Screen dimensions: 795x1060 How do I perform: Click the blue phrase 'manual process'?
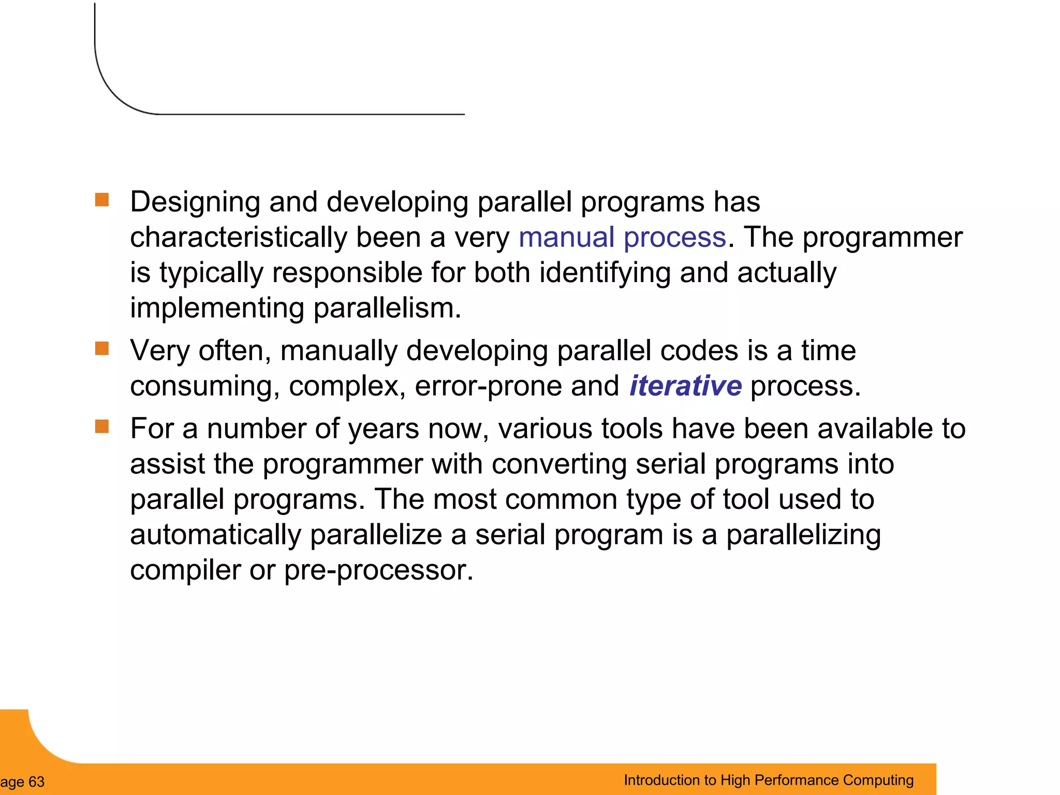pyautogui.click(x=622, y=238)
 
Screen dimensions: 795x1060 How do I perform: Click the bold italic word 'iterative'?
pyautogui.click(x=685, y=386)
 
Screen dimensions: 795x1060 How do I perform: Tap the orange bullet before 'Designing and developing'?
pyautogui.click(x=102, y=200)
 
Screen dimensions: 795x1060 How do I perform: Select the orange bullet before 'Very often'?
pyautogui.click(x=102, y=348)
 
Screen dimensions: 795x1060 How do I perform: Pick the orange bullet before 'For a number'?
pyautogui.click(x=102, y=426)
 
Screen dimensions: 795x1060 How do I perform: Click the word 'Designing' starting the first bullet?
pyautogui.click(x=195, y=202)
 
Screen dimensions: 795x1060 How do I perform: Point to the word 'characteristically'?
pyautogui.click(x=239, y=238)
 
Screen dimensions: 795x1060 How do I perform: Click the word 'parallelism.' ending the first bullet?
pyautogui.click(x=387, y=308)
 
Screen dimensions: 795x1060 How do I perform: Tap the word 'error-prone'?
pyautogui.click(x=488, y=386)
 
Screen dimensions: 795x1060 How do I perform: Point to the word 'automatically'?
pyautogui.click(x=215, y=535)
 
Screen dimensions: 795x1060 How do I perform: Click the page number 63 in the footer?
pyautogui.click(x=36, y=782)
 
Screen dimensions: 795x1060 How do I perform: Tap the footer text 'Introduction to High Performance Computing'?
pyautogui.click(x=768, y=780)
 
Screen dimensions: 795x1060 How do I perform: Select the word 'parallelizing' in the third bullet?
pyautogui.click(x=803, y=535)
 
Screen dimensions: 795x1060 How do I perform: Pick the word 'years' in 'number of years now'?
pyautogui.click(x=383, y=429)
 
